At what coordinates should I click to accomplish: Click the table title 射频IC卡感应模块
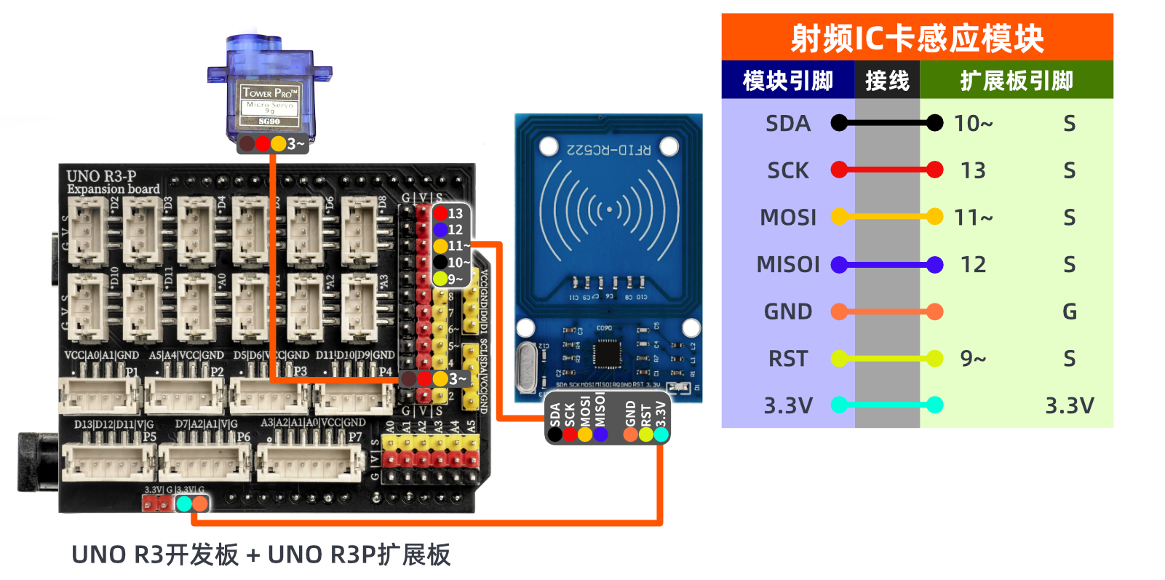click(917, 38)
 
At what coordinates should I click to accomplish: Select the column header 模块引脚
click(787, 80)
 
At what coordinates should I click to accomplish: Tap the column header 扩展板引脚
click(1017, 80)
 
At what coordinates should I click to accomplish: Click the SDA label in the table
click(787, 124)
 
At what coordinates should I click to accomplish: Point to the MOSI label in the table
click(787, 218)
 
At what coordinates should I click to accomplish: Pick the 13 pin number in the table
click(973, 170)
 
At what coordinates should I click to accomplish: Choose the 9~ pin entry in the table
click(973, 359)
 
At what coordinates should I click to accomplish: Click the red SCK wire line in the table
click(887, 170)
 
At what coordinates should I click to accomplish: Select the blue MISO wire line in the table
click(887, 265)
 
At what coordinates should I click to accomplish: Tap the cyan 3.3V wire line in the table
click(887, 405)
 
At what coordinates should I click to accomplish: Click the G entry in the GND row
click(1069, 312)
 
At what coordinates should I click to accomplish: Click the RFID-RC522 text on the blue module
click(609, 150)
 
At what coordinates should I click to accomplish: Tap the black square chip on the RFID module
click(606, 354)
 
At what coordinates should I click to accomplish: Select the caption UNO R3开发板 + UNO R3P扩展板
click(261, 555)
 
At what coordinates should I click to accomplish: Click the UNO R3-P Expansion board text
click(112, 182)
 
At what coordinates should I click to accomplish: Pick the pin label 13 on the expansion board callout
click(455, 213)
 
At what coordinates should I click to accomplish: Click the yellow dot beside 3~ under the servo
click(279, 143)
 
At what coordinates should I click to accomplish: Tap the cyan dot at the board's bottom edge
click(184, 503)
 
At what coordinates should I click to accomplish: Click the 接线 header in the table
click(887, 80)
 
